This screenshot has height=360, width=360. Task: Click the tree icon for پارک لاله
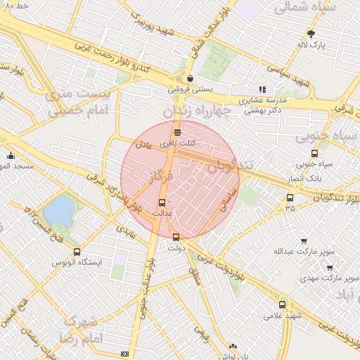pyautogui.click(x=311, y=33)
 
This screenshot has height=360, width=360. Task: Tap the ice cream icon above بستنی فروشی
pyautogui.click(x=190, y=79)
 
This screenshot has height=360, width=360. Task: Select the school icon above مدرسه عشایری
pyautogui.click(x=263, y=89)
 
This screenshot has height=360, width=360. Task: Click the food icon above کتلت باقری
pyautogui.click(x=177, y=131)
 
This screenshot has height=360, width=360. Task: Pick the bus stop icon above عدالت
pyautogui.click(x=163, y=202)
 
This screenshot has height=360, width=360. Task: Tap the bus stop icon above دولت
pyautogui.click(x=176, y=237)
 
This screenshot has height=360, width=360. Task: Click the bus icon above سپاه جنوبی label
pyautogui.click(x=314, y=153)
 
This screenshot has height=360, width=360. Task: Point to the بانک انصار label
pyautogui.click(x=304, y=178)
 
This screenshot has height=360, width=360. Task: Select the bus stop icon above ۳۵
pyautogui.click(x=290, y=198)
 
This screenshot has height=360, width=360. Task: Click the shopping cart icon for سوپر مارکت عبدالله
pyautogui.click(x=304, y=240)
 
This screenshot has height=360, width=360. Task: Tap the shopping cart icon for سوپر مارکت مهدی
pyautogui.click(x=330, y=267)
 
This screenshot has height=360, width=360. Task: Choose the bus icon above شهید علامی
pyautogui.click(x=283, y=304)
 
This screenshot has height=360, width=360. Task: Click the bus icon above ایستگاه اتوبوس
pyautogui.click(x=77, y=251)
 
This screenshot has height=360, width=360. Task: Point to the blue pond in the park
pyautogui.click(x=58, y=210)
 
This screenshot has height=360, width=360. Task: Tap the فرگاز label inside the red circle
pyautogui.click(x=161, y=180)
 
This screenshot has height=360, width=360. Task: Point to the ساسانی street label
pyautogui.click(x=229, y=199)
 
